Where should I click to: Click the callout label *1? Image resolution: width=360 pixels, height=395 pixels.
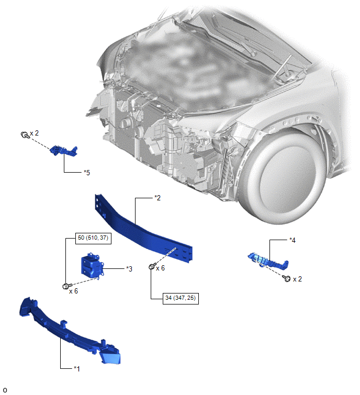pyautogui.click(x=77, y=369)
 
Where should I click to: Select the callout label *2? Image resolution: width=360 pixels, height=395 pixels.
pyautogui.click(x=157, y=198)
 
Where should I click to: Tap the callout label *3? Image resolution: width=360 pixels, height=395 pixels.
pyautogui.click(x=129, y=269)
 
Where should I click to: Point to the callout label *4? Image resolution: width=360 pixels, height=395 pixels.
pyautogui.click(x=292, y=240)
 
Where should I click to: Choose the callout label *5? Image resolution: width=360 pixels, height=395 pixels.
pyautogui.click(x=87, y=173)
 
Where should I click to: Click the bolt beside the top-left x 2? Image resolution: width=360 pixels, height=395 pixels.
pyautogui.click(x=25, y=135)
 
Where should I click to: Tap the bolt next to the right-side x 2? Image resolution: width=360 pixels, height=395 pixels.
pyautogui.click(x=287, y=278)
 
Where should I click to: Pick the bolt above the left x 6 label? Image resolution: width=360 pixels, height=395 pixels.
pyautogui.click(x=67, y=286)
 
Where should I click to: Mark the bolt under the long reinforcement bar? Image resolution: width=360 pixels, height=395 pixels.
pyautogui.click(x=152, y=266)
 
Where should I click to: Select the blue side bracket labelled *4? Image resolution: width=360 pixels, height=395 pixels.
pyautogui.click(x=268, y=261)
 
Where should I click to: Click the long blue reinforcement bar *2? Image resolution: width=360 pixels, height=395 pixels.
pyautogui.click(x=143, y=229)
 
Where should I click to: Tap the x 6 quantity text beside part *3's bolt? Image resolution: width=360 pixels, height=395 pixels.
pyautogui.click(x=73, y=291)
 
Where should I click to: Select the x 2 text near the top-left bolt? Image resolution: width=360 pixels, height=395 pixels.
pyautogui.click(x=34, y=133)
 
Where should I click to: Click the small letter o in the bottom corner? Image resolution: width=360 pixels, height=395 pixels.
pyautogui.click(x=5, y=390)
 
